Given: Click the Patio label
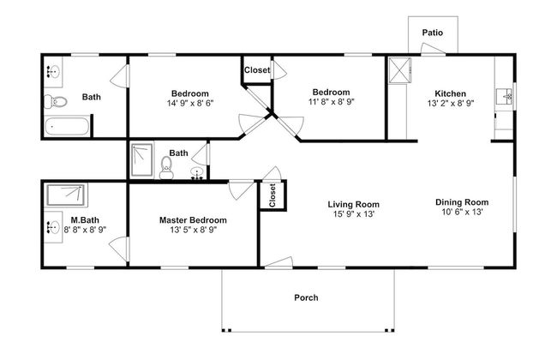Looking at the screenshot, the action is [432, 33].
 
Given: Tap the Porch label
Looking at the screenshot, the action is [306, 297].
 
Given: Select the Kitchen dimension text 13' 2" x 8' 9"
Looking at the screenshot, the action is [451, 103].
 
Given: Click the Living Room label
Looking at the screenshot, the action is [353, 204].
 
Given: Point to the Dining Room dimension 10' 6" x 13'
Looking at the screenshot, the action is [462, 212].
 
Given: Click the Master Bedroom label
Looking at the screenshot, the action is [193, 220].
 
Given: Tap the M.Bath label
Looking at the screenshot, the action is [85, 220].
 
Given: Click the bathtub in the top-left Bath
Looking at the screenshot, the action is [67, 126].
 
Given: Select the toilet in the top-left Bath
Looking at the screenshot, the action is [56, 102].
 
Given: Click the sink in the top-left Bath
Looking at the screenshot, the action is [54, 72].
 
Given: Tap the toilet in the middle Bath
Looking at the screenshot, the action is [166, 168].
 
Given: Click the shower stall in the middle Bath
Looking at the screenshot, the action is [141, 160].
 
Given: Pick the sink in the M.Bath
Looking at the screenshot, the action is [54, 227].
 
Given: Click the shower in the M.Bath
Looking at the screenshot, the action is [67, 195].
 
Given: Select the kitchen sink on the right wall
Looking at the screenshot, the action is [505, 96].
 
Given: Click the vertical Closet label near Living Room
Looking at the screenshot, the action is [273, 195].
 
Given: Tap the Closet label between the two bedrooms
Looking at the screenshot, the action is [257, 70].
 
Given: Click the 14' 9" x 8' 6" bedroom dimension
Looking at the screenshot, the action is [190, 103].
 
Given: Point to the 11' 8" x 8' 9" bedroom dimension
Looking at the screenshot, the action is [332, 102].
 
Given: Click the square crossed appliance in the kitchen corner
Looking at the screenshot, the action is [399, 70].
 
